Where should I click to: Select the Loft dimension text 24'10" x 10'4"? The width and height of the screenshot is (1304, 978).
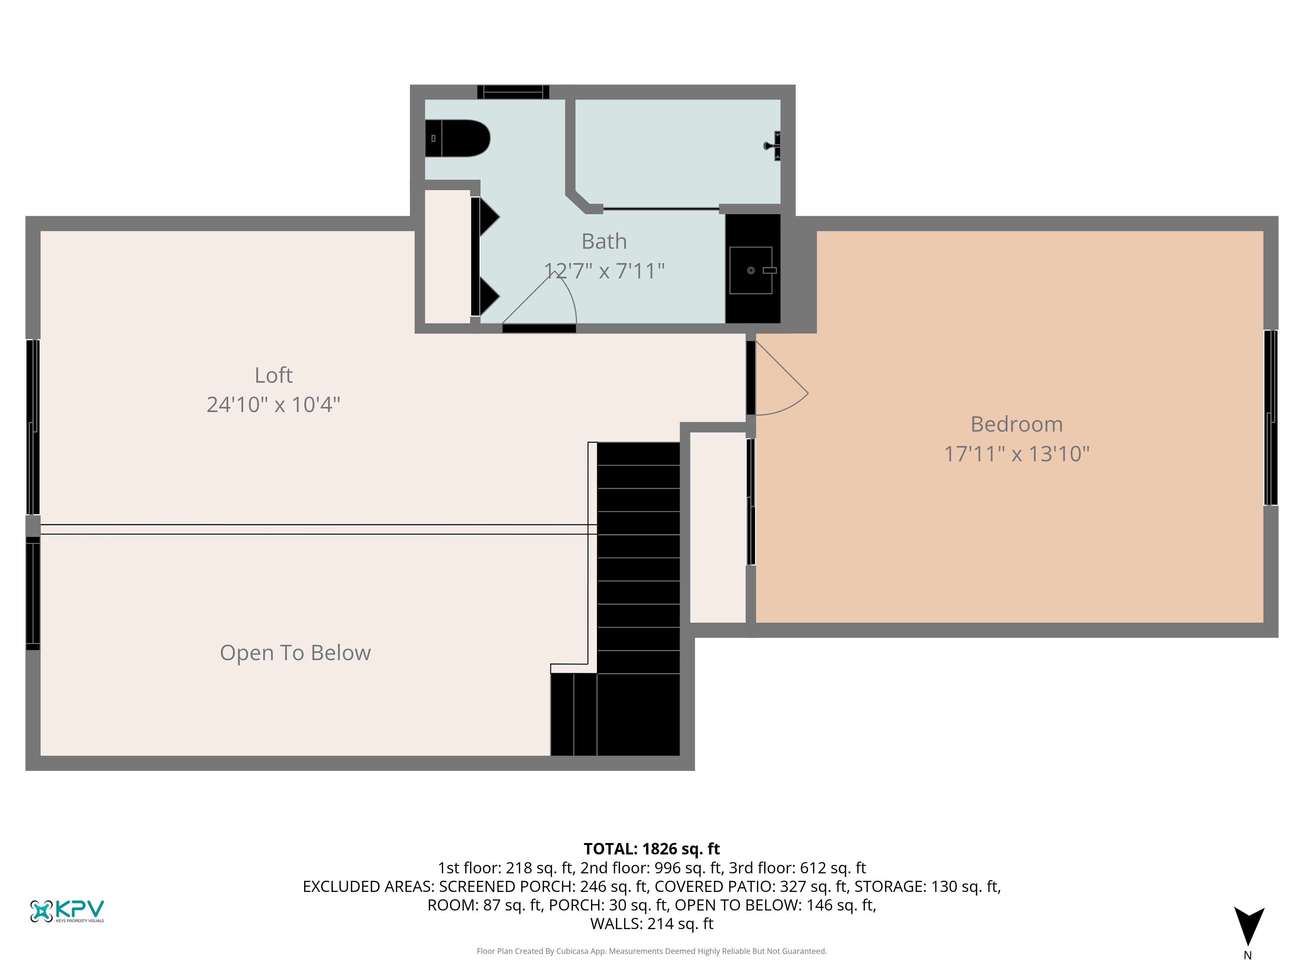(274, 405)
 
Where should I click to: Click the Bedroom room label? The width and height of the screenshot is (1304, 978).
(1017, 424)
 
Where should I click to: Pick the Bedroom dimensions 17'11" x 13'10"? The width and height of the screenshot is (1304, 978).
(1017, 454)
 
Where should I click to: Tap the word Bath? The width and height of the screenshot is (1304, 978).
(604, 242)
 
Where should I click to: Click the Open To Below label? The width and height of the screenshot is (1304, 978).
(295, 653)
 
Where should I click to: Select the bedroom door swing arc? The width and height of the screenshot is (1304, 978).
(790, 407)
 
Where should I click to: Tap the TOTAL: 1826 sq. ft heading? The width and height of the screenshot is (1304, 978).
(651, 849)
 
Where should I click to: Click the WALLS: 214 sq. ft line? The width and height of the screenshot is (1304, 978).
(651, 924)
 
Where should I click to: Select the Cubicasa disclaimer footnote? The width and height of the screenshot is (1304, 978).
(651, 951)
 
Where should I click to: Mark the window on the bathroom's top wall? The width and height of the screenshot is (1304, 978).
(513, 92)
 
